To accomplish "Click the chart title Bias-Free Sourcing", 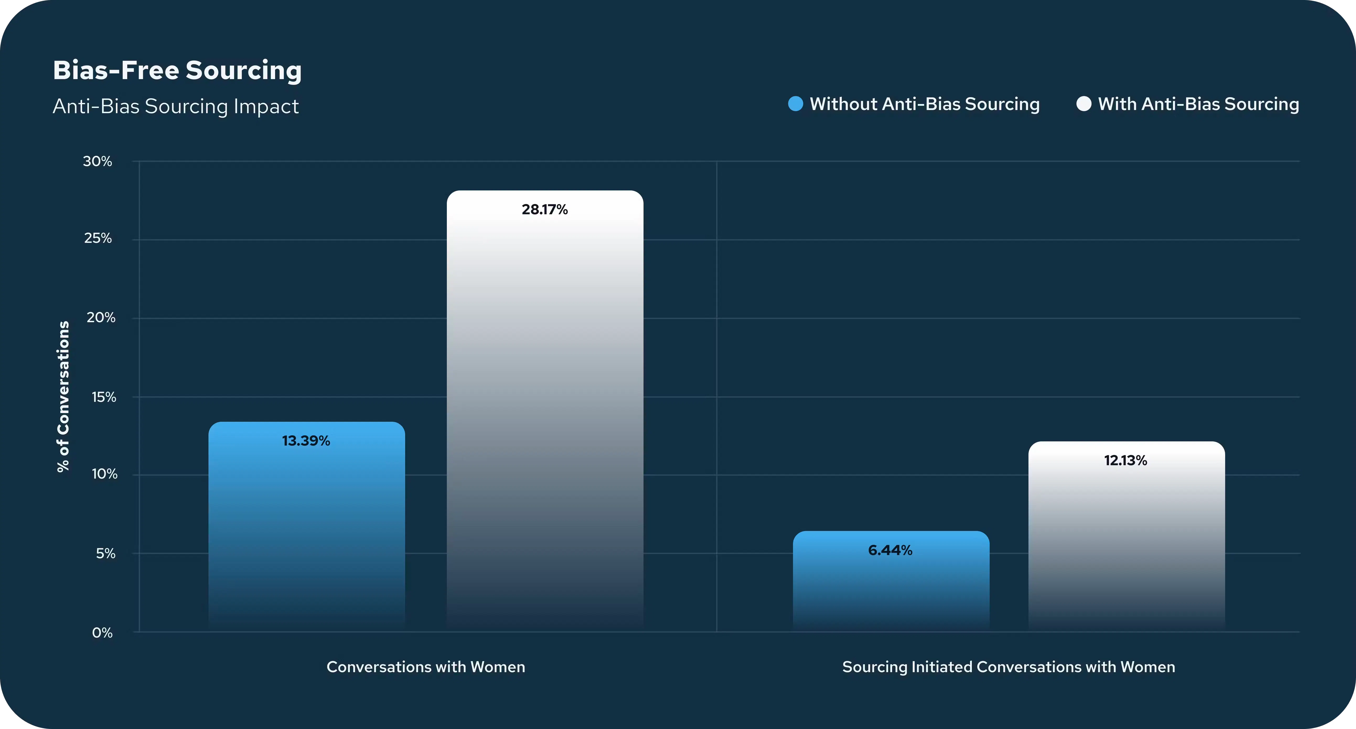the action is pyautogui.click(x=177, y=70).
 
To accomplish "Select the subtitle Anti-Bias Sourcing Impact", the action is pyautogui.click(x=176, y=106).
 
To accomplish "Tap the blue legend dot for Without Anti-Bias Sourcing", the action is pyautogui.click(x=795, y=104).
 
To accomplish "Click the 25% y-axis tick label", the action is pyautogui.click(x=98, y=238).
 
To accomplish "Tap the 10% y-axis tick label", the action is pyautogui.click(x=104, y=474).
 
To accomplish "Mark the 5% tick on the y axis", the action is pyautogui.click(x=105, y=553).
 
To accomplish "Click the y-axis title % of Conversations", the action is pyautogui.click(x=63, y=397).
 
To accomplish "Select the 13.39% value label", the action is pyautogui.click(x=306, y=441).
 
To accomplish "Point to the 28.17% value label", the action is pyautogui.click(x=545, y=209).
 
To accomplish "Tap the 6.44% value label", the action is pyautogui.click(x=890, y=550).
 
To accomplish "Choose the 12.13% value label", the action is pyautogui.click(x=1125, y=460).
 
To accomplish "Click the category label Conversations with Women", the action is pyautogui.click(x=426, y=667).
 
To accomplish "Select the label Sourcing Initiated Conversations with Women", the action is pyautogui.click(x=1009, y=667).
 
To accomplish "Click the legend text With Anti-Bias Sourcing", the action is pyautogui.click(x=1199, y=104).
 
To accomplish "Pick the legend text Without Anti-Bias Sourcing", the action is pyautogui.click(x=925, y=104).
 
